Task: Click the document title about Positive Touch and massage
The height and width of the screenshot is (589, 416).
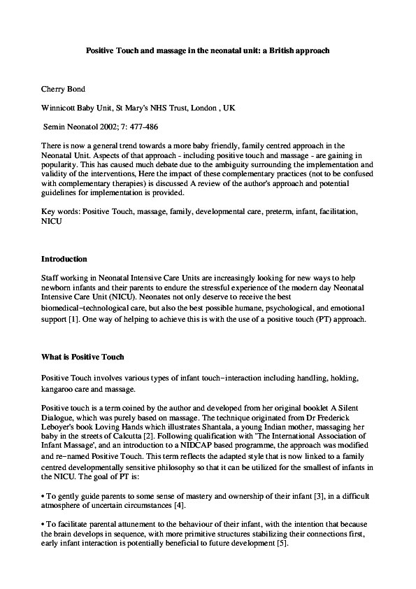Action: tap(208, 51)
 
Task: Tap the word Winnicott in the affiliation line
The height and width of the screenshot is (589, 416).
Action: tap(61, 109)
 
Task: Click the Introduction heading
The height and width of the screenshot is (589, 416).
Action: tap(64, 259)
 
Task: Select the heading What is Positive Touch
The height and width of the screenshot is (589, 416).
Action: tap(83, 357)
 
